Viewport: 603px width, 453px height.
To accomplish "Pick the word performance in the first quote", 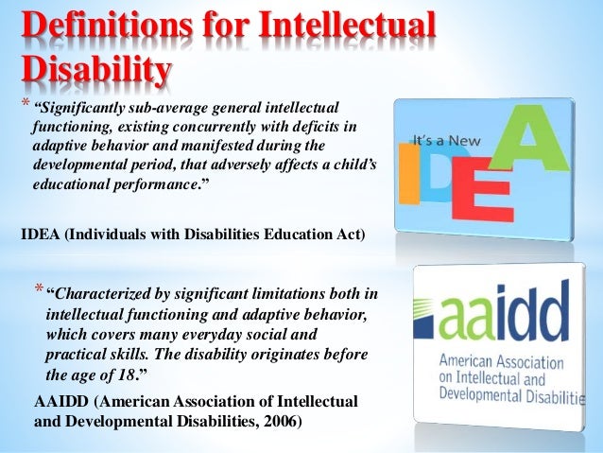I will click(154, 187).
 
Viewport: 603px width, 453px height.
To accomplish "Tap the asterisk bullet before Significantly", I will click(26, 104).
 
